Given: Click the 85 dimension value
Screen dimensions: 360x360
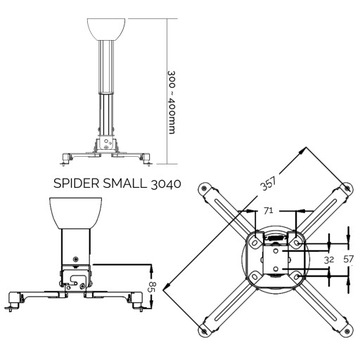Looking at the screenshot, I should click(153, 313).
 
